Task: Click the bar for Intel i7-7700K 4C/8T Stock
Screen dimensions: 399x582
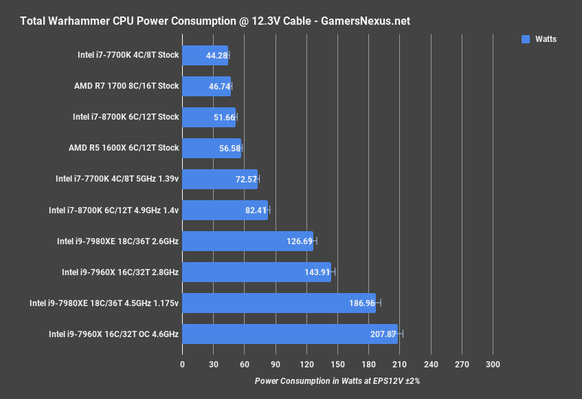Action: point(205,55)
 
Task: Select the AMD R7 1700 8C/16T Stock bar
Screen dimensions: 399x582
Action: point(206,86)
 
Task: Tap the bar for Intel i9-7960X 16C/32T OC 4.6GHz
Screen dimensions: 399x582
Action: point(289,334)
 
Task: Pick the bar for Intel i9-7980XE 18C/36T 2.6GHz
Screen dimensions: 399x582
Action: point(247,241)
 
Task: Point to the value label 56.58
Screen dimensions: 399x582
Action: point(226,148)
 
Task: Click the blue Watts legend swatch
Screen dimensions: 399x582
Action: point(526,39)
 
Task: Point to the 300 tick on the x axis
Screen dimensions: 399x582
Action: point(493,364)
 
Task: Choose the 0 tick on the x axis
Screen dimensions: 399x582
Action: point(182,364)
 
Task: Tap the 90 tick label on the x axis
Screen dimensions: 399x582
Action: point(275,364)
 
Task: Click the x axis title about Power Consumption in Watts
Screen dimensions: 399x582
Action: point(337,380)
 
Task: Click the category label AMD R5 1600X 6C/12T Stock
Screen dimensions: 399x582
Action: point(124,148)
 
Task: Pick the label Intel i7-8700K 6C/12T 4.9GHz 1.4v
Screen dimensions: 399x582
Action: point(113,210)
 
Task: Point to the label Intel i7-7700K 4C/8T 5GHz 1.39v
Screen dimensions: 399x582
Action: point(117,179)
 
